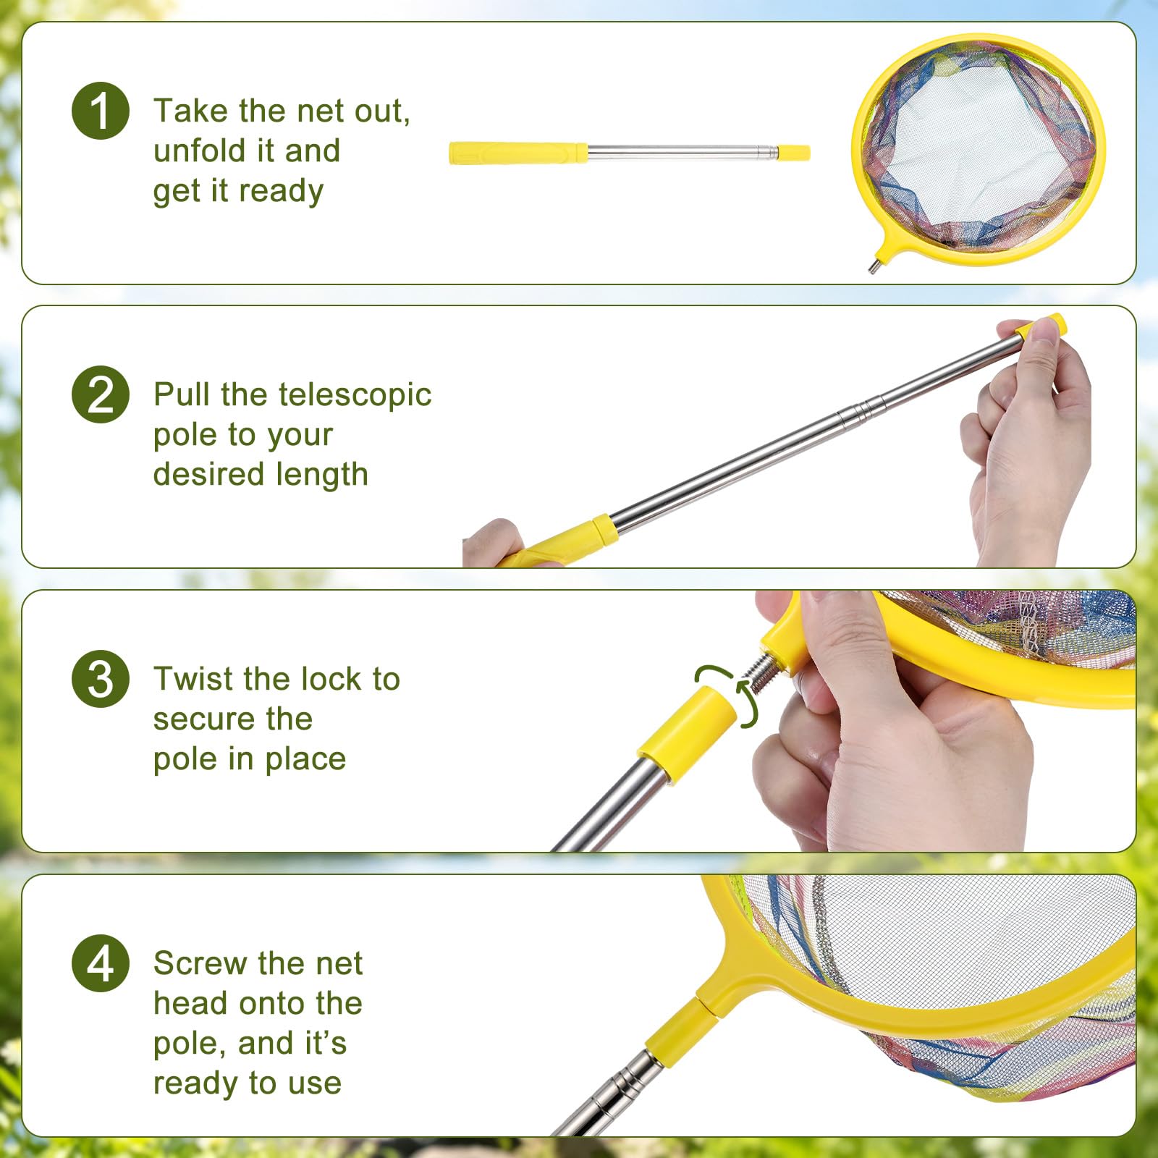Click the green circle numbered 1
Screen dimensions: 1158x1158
tap(101, 111)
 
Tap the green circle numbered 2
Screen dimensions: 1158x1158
tap(101, 394)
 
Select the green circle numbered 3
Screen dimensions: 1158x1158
tap(101, 679)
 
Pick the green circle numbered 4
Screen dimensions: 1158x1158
tap(101, 963)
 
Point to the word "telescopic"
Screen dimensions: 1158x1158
tap(355, 394)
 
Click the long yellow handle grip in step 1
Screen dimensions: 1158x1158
tap(517, 153)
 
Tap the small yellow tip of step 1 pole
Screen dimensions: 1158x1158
tap(794, 153)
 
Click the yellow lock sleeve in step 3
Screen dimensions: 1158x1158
tap(688, 735)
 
